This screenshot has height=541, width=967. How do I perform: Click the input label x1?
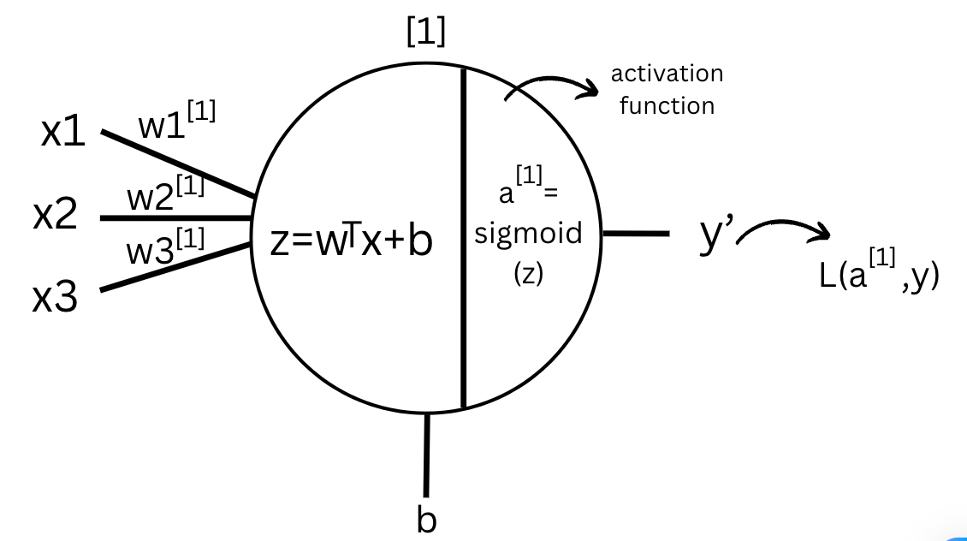pyautogui.click(x=62, y=133)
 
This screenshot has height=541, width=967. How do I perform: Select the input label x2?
pyautogui.click(x=55, y=217)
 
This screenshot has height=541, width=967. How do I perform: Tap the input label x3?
pyautogui.click(x=55, y=298)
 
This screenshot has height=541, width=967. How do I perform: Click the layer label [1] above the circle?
pyautogui.click(x=425, y=33)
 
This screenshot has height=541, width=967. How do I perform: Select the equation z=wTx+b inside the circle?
pyautogui.click(x=352, y=242)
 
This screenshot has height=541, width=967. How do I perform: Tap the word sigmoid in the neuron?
pyautogui.click(x=528, y=234)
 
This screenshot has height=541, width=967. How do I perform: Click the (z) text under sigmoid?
pyautogui.click(x=528, y=276)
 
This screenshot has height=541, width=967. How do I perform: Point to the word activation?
pyautogui.click(x=667, y=74)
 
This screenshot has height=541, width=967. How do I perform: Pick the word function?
pyautogui.click(x=667, y=106)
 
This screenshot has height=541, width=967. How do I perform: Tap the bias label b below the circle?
pyautogui.click(x=426, y=519)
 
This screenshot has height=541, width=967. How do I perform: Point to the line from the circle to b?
pyautogui.click(x=426, y=454)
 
